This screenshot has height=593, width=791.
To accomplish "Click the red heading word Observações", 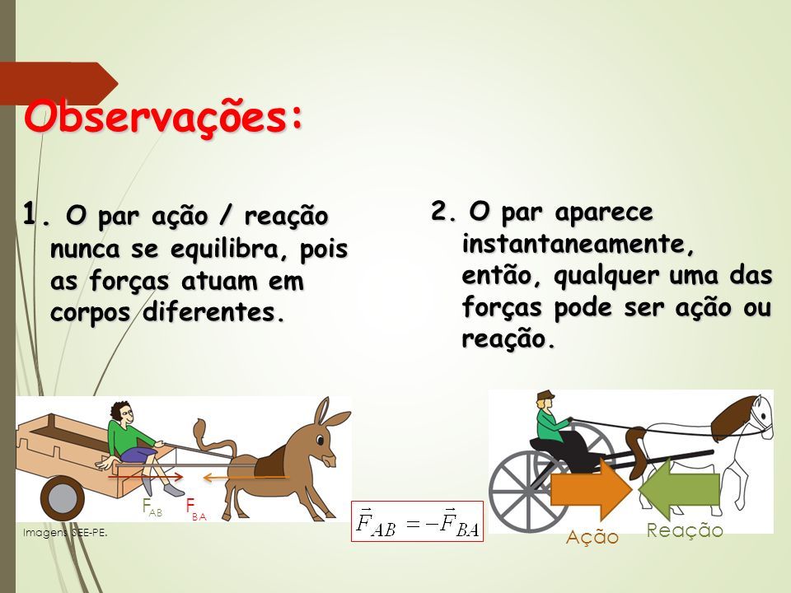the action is point(164,118).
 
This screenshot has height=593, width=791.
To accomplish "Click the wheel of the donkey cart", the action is point(63,497).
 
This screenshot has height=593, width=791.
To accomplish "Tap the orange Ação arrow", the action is point(591,488).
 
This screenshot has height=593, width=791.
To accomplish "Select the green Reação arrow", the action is point(679,489).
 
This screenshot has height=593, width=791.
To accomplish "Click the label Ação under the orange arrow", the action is point(592,537).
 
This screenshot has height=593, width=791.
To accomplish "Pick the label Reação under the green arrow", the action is point(685,530).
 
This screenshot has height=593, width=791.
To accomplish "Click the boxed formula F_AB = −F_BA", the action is point(417,521).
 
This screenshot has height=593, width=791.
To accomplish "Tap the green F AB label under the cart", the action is point(152,507).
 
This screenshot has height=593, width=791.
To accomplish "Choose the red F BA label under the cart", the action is point(196,509).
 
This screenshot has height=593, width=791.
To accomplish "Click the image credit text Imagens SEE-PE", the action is point(65,532).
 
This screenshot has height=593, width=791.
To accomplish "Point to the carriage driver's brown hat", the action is point(545,395).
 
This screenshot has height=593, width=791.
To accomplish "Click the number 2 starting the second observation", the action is point(438,211).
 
